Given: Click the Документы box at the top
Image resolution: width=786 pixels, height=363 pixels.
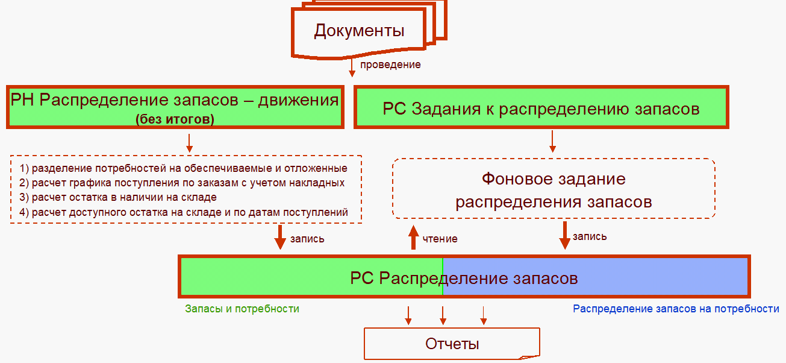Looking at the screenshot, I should coord(360,31).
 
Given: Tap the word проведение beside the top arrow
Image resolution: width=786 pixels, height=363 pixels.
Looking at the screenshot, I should coord(390,65).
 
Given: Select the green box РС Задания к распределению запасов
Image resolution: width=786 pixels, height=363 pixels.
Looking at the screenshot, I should coord(541,109).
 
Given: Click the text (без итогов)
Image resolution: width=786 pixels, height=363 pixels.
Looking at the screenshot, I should coord(175,119).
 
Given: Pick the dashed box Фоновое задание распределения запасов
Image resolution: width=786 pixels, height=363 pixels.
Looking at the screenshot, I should coord(554,189).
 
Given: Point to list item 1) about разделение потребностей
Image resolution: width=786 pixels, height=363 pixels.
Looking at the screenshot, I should coord(183,168).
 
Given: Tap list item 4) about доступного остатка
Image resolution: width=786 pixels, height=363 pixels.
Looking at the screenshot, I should coord(184,212).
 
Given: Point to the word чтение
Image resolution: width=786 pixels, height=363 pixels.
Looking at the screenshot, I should coord(440,239).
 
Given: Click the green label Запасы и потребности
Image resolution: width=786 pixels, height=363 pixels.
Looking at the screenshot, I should coord(242,309).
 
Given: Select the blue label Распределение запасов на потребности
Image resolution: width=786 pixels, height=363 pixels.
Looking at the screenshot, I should coord(676,309).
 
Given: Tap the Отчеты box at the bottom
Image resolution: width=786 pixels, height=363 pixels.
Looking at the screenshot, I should coord(452,344).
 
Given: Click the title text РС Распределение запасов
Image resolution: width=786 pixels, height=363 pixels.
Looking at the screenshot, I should coord(464,278).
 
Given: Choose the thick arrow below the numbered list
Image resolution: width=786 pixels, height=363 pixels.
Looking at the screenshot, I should coord(280,237).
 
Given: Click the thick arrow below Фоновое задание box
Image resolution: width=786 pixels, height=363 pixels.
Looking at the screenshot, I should coord(564,235).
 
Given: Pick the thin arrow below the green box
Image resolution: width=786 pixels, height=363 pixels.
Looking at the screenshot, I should coord(552,140).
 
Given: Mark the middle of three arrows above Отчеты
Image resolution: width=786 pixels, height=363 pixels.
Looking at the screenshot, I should coord(443,314).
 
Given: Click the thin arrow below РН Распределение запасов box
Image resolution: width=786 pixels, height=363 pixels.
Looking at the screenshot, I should coord(189,142).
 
